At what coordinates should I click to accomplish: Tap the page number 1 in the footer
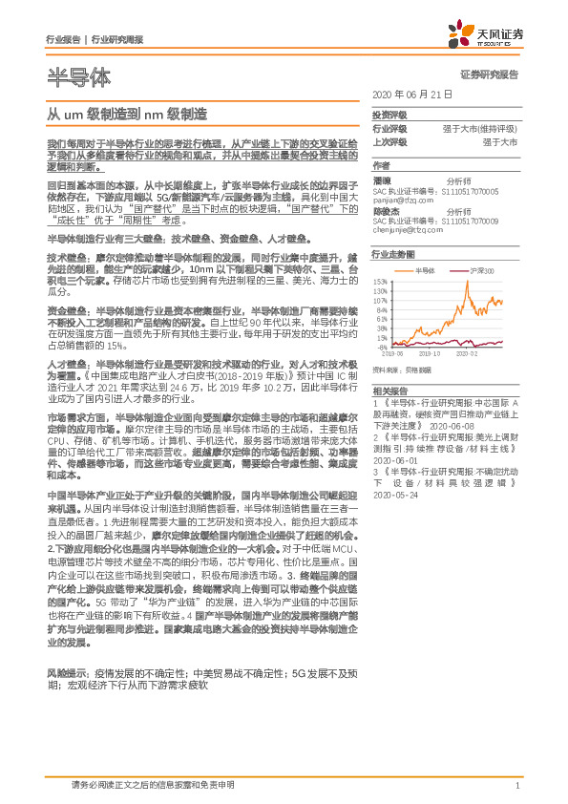point(515,786)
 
